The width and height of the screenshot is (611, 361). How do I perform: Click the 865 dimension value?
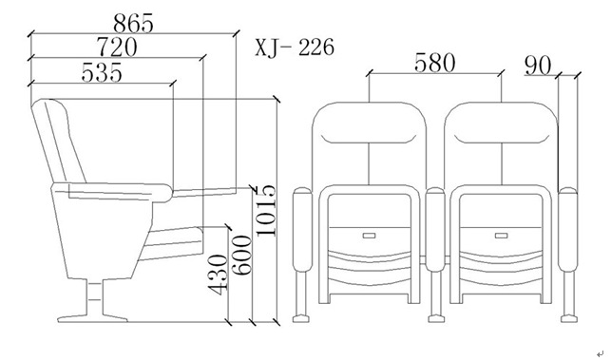133,24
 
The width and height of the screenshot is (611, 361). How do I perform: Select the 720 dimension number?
117,47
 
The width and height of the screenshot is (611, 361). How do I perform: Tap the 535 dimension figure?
102,72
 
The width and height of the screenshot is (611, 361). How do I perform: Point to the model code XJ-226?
295,47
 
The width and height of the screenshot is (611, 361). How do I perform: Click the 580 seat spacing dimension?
434,63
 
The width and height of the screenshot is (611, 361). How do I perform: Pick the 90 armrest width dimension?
538,66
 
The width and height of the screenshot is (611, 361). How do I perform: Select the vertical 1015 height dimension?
266,211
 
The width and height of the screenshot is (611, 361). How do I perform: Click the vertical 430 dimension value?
217,275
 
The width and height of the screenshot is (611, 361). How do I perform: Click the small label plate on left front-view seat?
369,236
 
